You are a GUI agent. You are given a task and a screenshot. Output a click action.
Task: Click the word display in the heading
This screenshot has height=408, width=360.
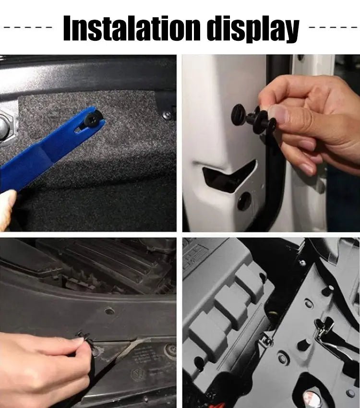pyautogui.click(x=254, y=29)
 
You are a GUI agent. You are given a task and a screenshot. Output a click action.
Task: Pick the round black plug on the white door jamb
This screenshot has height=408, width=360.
pyautogui.click(x=244, y=202)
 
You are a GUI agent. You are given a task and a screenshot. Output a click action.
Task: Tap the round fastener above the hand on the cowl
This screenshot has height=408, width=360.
pyautogui.click(x=109, y=310)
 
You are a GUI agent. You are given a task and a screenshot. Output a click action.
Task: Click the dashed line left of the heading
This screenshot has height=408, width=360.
pyautogui.click(x=28, y=27)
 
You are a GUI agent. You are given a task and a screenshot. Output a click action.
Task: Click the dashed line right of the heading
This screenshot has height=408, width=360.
pyautogui.click(x=333, y=27)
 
